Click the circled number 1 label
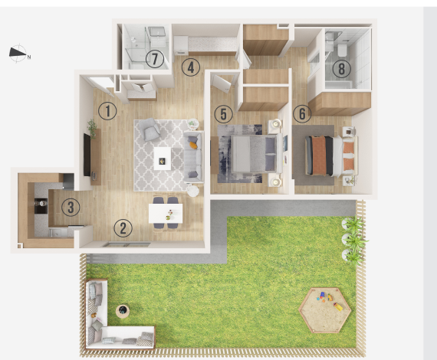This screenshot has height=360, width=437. pyautogui.click(x=107, y=111)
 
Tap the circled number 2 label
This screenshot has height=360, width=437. pyautogui.click(x=123, y=228)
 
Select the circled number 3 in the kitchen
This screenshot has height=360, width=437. pyautogui.click(x=71, y=207)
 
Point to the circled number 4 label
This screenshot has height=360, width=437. pyautogui.click(x=191, y=67)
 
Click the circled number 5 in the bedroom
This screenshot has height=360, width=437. pyautogui.click(x=224, y=114)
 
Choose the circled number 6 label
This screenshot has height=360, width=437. pyautogui.click(x=302, y=113)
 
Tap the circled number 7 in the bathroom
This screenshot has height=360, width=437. pyautogui.click(x=155, y=59)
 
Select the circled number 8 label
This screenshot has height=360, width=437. pyautogui.click(x=342, y=68)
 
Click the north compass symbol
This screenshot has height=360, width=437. pyautogui.click(x=19, y=54)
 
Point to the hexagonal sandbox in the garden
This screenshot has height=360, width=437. pyautogui.click(x=325, y=310)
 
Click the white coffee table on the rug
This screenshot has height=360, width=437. pyautogui.click(x=163, y=159)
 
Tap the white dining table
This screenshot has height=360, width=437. pyautogui.click(x=166, y=214)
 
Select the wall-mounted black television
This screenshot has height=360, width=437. pyautogui.click(x=87, y=155)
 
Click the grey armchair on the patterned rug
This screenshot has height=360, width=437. pyautogui.click(x=149, y=129)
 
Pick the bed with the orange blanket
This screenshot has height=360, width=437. pyautogui.click(x=331, y=155)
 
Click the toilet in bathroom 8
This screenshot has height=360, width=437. pyautogui.click(x=342, y=50)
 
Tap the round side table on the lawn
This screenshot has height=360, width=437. pyautogui.click(x=123, y=311)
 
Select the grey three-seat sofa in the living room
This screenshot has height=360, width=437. pyautogui.click(x=193, y=157)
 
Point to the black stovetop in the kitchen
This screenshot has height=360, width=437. pyautogui.click(x=41, y=206)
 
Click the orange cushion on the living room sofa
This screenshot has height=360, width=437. pyautogui.click(x=193, y=145)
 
